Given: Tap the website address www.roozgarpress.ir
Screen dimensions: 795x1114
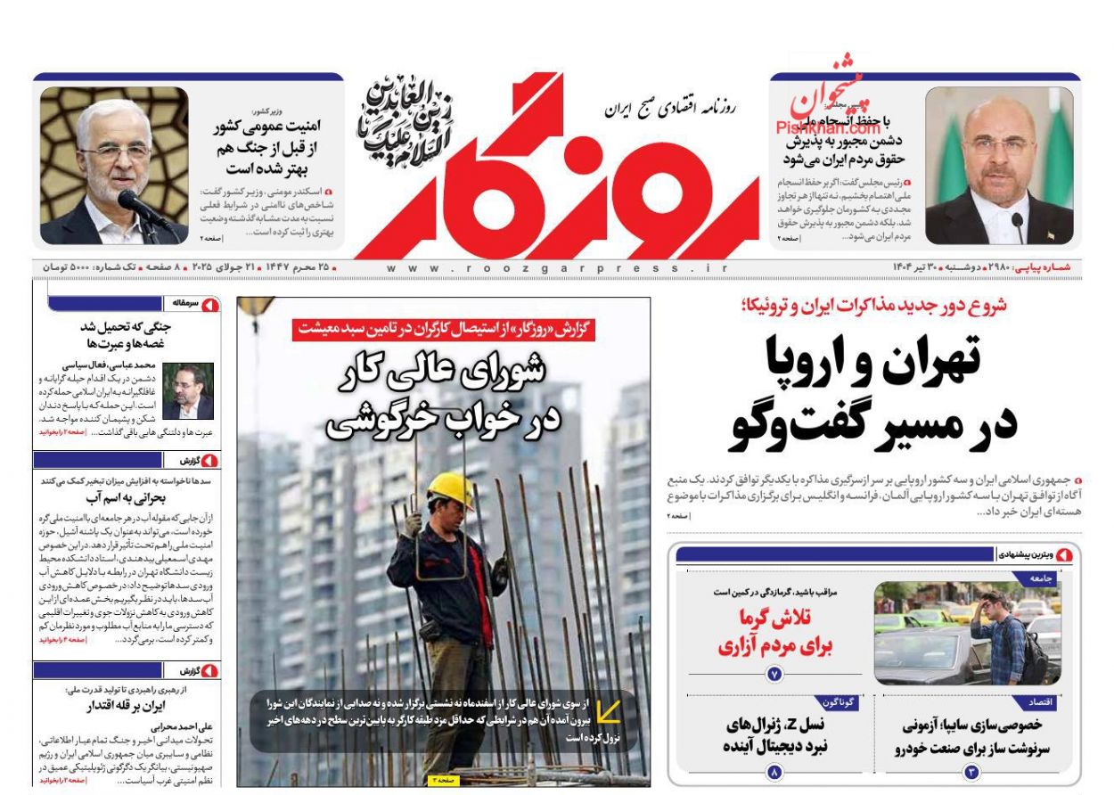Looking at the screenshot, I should coord(557,267).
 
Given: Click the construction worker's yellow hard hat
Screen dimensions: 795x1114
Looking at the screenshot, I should coord(451,489).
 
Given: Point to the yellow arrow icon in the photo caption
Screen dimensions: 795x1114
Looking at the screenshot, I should coord(609,711).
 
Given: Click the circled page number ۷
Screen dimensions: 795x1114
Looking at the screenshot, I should coord(774,675).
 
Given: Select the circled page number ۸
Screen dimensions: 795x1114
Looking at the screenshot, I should coord(774,772).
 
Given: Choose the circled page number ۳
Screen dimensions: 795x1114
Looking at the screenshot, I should coord(972,772).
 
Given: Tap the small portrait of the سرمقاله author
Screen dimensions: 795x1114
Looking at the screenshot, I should coord(187,390).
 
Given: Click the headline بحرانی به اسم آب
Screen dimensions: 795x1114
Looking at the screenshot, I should coord(126,498).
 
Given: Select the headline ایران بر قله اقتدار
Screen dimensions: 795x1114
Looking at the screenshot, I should coord(127,707).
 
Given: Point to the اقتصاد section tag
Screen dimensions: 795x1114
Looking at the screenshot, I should coord(1042,703).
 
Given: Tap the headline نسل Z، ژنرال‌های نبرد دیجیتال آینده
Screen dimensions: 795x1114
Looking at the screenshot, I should coord(774,735).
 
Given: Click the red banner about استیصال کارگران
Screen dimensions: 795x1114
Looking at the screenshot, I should coord(443,329).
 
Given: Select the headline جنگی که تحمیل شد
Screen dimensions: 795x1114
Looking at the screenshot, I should coord(127,334).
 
